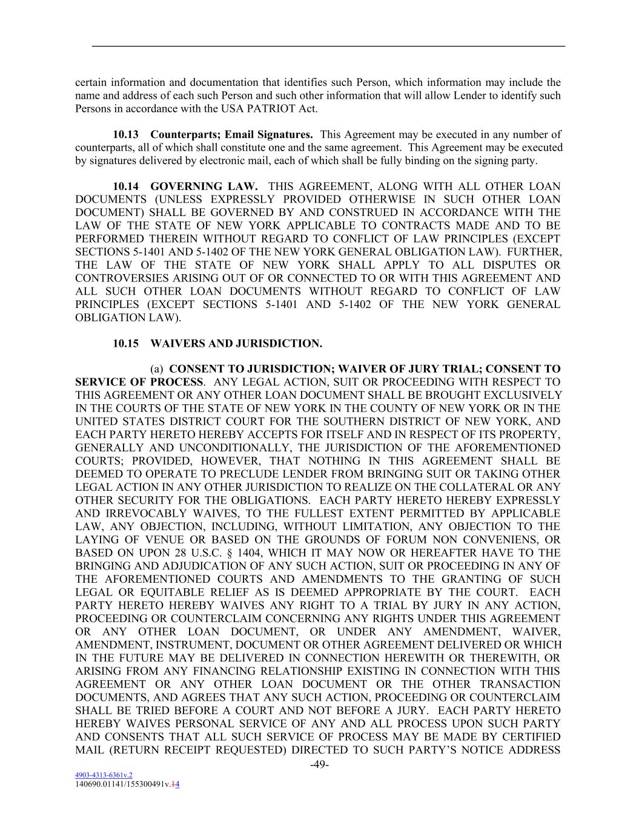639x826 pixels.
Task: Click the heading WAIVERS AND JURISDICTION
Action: [236, 344]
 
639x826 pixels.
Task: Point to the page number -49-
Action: [319, 765]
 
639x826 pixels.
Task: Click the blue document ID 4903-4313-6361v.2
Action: [104, 775]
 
